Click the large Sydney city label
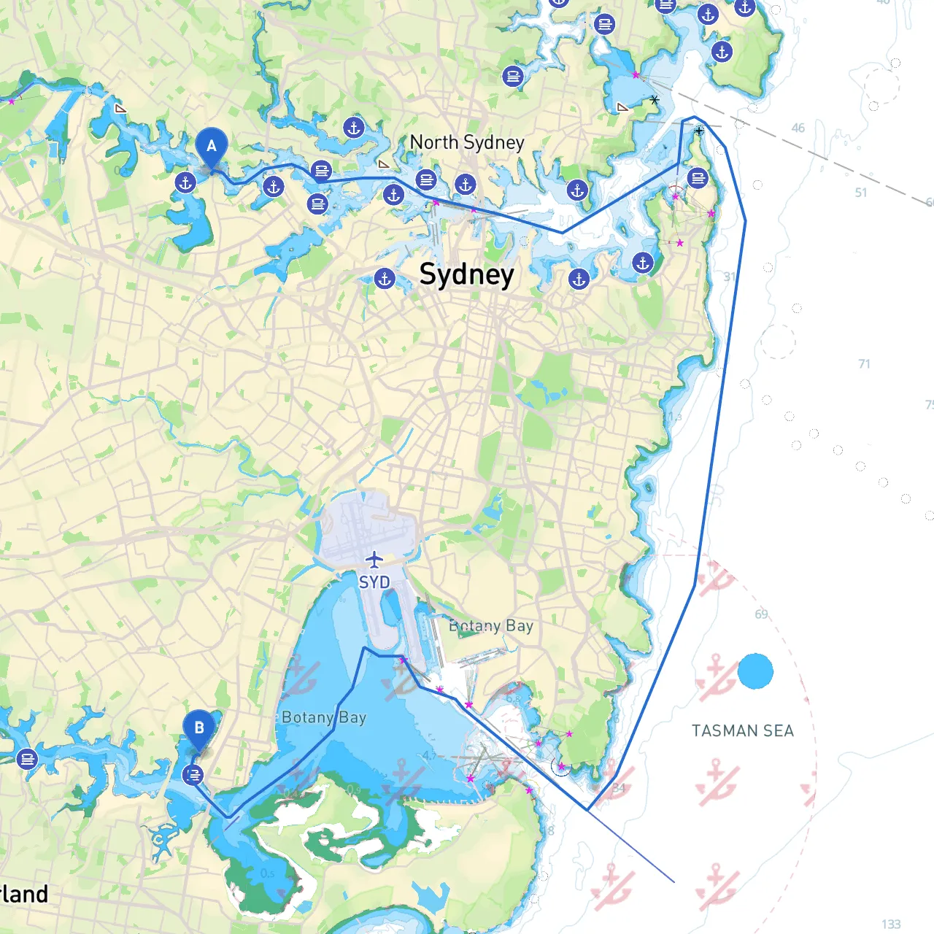[x=466, y=275]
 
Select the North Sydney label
[x=467, y=142]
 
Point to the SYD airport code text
[x=374, y=582]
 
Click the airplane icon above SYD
[x=374, y=560]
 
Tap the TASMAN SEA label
[x=742, y=731]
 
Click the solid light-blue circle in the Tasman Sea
[x=755, y=671]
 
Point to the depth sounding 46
[x=798, y=128]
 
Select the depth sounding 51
[x=861, y=193]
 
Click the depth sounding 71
[x=864, y=363]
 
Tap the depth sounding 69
[x=761, y=614]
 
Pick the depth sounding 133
[x=891, y=925]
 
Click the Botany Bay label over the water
[x=324, y=718]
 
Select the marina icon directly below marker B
[x=193, y=775]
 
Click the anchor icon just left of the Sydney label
[x=385, y=278]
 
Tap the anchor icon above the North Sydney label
[x=354, y=128]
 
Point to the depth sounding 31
[x=729, y=277]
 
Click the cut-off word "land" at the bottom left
[x=25, y=895]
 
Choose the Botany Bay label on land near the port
[x=491, y=626]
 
